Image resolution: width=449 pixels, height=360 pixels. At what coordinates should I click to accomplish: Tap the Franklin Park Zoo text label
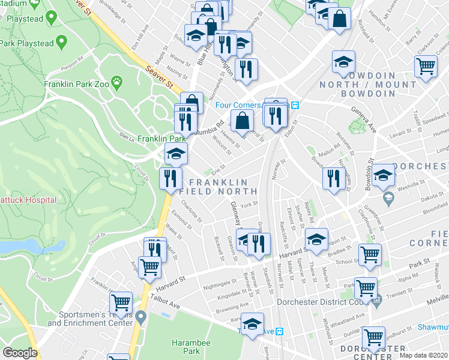(x=76, y=84)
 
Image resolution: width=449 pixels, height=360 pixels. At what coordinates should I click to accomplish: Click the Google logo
(x=20, y=353)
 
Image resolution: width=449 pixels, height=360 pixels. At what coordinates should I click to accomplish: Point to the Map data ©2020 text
(x=423, y=355)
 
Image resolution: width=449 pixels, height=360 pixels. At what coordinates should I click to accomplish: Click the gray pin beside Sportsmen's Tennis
(x=141, y=316)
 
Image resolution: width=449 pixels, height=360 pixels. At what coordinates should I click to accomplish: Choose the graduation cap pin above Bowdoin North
(x=343, y=61)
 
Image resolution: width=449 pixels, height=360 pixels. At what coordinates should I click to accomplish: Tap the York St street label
(x=249, y=204)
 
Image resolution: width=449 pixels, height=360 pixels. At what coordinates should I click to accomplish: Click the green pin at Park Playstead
(x=61, y=43)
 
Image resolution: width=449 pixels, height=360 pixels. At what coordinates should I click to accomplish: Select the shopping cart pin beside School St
(x=370, y=254)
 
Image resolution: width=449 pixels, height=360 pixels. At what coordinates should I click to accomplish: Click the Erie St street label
(x=217, y=167)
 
